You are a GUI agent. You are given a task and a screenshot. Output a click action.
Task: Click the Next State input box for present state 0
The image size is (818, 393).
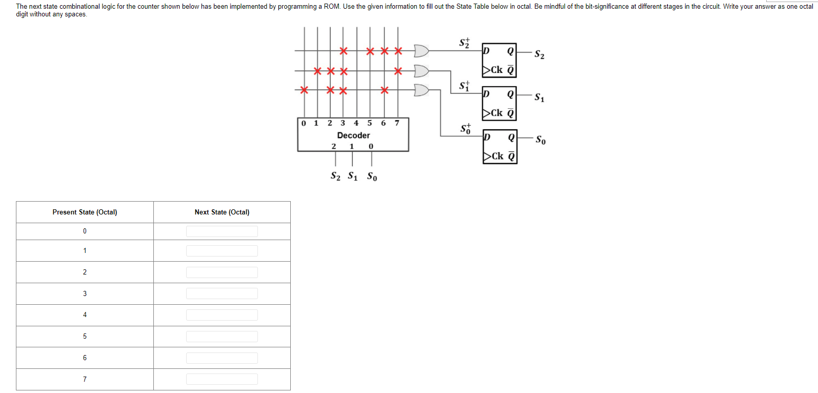(222, 231)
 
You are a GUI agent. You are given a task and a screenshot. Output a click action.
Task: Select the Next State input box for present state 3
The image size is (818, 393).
(222, 293)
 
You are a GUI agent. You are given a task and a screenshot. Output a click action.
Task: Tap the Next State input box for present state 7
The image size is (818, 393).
(222, 379)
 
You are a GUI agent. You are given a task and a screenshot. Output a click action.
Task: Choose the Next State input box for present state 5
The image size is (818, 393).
(222, 337)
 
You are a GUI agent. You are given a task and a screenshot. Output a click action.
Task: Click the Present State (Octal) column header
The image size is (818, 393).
(85, 212)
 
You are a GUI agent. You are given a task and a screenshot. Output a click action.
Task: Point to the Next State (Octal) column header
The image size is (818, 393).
(222, 212)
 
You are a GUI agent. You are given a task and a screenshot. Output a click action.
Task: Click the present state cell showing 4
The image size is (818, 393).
(85, 315)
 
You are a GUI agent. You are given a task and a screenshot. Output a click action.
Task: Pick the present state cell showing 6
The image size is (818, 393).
(85, 358)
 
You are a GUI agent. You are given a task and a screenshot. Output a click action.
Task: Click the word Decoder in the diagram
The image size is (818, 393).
(353, 135)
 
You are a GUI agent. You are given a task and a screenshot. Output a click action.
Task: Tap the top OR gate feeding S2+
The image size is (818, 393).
(421, 51)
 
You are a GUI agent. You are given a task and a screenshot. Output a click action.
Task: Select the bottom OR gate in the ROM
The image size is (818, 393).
(421, 90)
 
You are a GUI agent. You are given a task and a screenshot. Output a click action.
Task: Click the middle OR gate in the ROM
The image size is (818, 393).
(421, 70)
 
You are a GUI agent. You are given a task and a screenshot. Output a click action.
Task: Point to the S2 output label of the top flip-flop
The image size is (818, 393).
(539, 54)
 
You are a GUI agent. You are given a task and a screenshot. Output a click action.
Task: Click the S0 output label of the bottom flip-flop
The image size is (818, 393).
(541, 140)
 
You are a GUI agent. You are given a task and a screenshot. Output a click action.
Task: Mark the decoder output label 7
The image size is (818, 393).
(396, 123)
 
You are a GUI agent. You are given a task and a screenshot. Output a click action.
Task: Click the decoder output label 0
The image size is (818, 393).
(304, 123)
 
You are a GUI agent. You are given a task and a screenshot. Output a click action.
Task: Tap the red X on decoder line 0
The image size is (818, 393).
(304, 90)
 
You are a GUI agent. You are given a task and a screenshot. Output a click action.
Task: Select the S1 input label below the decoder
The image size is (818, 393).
(352, 176)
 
